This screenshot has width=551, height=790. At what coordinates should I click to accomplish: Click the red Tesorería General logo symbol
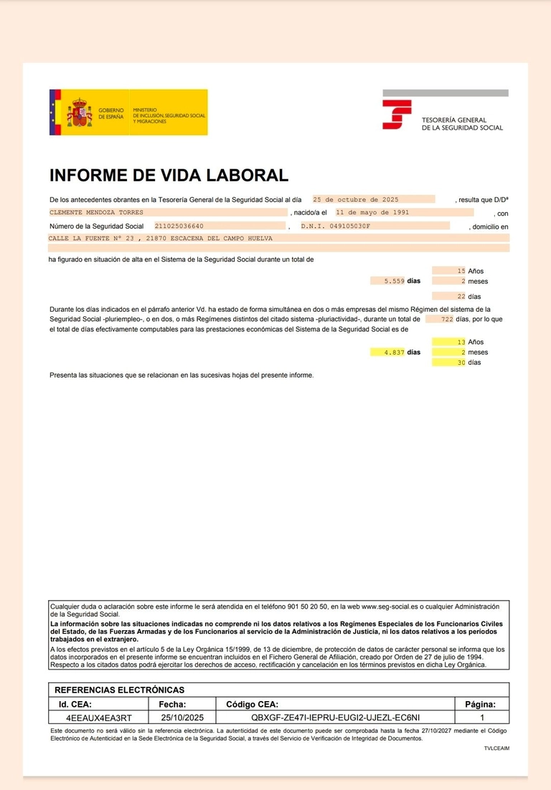pos(396,115)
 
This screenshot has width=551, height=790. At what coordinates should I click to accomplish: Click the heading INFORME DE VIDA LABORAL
pos(169,176)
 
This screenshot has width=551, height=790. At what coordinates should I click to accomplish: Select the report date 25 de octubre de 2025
pos(356,200)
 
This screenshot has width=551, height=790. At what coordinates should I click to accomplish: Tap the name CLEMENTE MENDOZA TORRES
pos(96,213)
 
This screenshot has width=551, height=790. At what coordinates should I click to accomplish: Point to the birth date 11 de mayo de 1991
pos(373,213)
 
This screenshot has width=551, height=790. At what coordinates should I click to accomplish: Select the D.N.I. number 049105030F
pos(336,227)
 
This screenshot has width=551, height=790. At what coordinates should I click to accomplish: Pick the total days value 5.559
pos(395,282)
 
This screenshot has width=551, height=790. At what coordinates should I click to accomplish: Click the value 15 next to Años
pos(461,271)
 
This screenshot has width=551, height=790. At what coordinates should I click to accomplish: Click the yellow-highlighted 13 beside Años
pos(461,343)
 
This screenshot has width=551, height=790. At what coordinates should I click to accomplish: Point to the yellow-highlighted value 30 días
pos(461,363)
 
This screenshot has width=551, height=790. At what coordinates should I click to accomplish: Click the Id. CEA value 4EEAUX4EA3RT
pos(99,717)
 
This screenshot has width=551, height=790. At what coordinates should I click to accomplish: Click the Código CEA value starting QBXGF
pos(336,717)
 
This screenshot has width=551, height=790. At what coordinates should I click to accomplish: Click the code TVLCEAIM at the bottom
pos(496,748)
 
